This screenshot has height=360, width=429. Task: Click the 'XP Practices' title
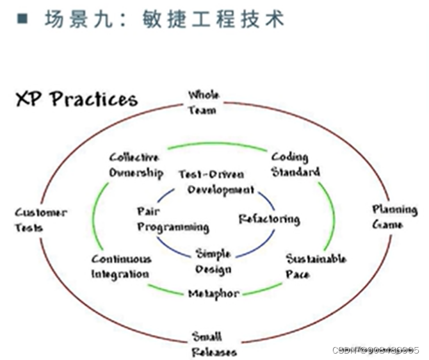coord(76,99)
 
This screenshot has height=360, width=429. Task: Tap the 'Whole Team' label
coord(202,102)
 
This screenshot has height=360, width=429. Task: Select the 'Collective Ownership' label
coord(134,165)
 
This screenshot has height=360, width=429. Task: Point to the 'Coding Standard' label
coord(295,165)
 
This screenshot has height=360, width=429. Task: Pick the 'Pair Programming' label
coord(172,219)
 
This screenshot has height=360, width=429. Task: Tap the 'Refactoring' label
coord(269,219)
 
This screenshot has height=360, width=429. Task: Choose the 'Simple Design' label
coord(213,261)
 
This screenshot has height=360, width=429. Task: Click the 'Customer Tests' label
coord(40,220)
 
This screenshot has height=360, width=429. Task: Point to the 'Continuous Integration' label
coord(121,266)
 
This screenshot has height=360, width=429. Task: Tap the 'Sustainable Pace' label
coord(316,266)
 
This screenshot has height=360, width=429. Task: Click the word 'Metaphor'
coord(213,294)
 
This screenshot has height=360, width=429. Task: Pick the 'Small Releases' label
coord(214,344)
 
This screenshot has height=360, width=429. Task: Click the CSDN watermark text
coord(376,350)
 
